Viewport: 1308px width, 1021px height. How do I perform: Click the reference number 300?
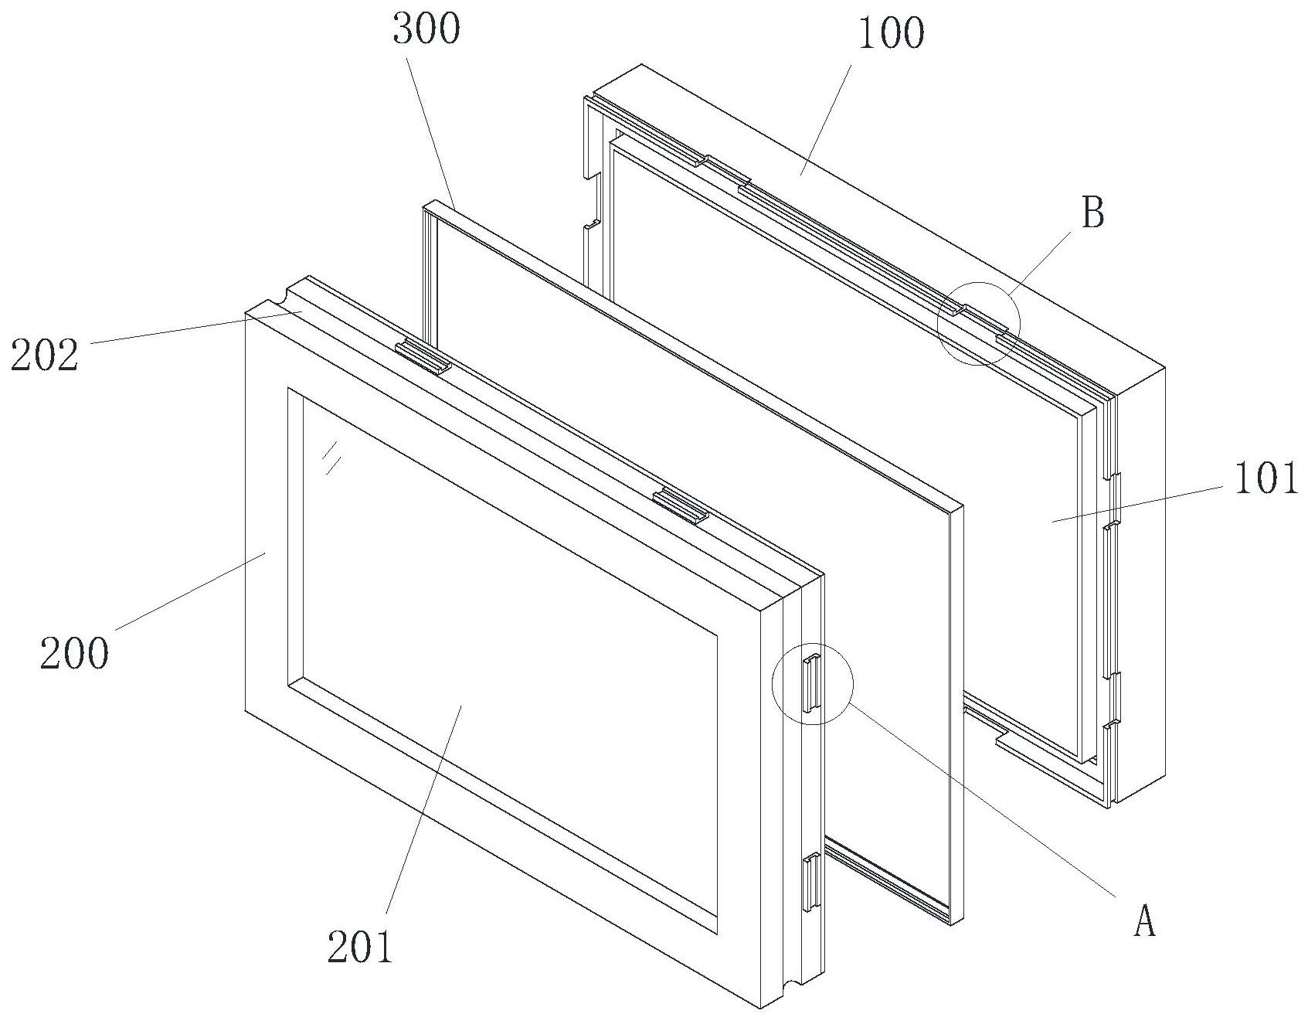pyautogui.click(x=426, y=29)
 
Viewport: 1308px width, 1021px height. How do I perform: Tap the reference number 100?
pyautogui.click(x=891, y=34)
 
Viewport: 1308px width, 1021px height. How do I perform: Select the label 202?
pyautogui.click(x=44, y=356)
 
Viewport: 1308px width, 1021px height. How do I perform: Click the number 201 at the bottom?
pyautogui.click(x=360, y=947)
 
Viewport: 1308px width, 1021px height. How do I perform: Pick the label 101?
pyautogui.click(x=1265, y=479)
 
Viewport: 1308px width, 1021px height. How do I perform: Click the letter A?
pyautogui.click(x=1144, y=921)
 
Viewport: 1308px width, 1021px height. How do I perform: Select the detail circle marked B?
pyautogui.click(x=979, y=323)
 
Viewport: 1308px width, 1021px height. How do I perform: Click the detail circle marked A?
pyautogui.click(x=813, y=683)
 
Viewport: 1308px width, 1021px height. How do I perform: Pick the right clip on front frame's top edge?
pyautogui.click(x=681, y=507)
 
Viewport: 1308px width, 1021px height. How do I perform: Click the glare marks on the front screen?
pyautogui.click(x=332, y=455)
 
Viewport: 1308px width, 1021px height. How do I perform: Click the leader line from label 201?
pyautogui.click(x=423, y=811)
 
